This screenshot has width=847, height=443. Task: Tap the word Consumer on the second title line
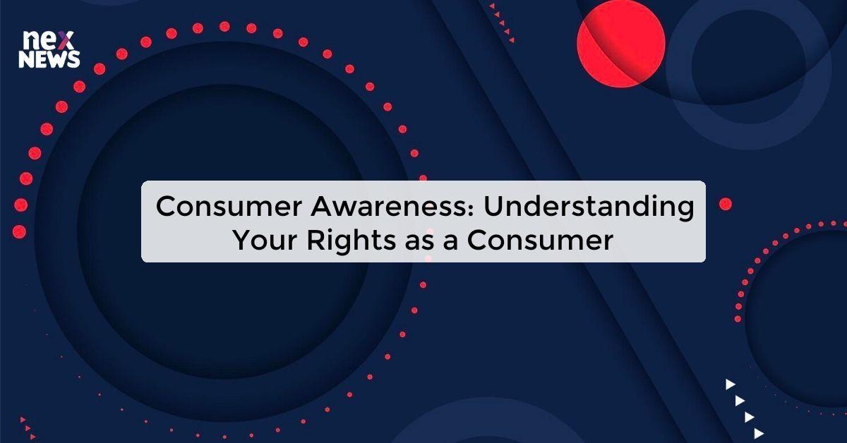tap(541, 241)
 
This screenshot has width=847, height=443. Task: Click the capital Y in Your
tap(242, 241)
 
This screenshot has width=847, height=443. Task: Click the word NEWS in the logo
tap(49, 60)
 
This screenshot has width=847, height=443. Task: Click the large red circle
tap(621, 43)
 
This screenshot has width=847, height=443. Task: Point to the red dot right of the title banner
tap(725, 204)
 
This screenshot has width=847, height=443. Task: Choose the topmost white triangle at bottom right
tap(731, 384)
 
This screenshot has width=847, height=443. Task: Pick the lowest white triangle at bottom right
tap(759, 433)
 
